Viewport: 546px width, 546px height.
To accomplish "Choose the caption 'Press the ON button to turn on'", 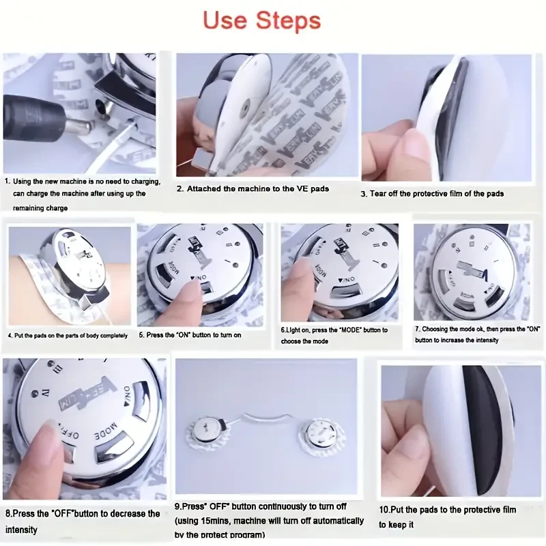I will (x=190, y=335).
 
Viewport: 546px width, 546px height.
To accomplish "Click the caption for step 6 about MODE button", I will (x=334, y=335).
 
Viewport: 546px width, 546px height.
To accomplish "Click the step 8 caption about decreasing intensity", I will (x=83, y=521).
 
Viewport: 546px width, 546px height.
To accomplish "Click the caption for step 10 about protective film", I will (x=448, y=516).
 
